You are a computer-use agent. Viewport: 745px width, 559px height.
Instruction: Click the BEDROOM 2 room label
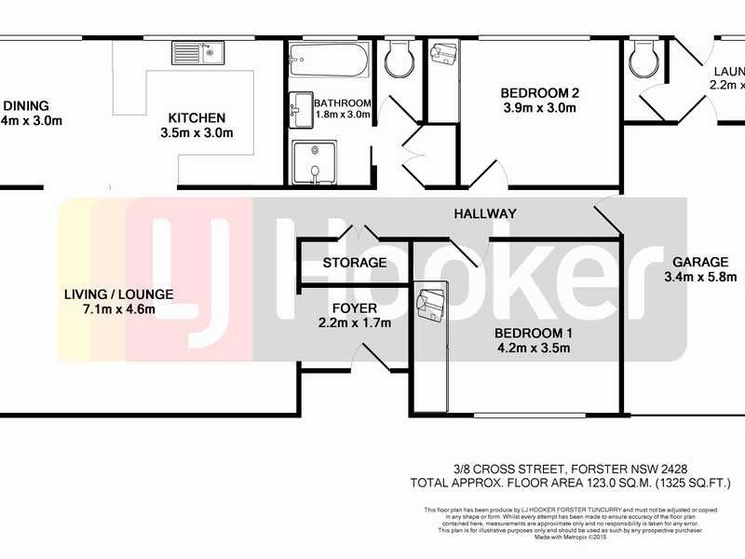(x=540, y=92)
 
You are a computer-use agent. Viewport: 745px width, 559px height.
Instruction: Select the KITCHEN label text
(x=196, y=117)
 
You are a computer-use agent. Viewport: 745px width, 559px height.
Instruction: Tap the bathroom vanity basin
(x=300, y=109)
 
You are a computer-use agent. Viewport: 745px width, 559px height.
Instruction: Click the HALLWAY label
(x=485, y=213)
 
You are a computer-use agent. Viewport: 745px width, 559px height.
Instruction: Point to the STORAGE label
(x=354, y=263)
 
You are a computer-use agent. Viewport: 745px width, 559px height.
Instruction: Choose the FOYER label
(x=354, y=307)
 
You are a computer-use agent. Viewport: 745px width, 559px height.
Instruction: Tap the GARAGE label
(x=695, y=262)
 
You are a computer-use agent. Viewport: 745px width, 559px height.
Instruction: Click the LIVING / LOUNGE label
(x=118, y=294)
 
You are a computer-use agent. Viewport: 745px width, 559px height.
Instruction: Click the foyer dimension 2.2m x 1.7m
(x=354, y=323)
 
